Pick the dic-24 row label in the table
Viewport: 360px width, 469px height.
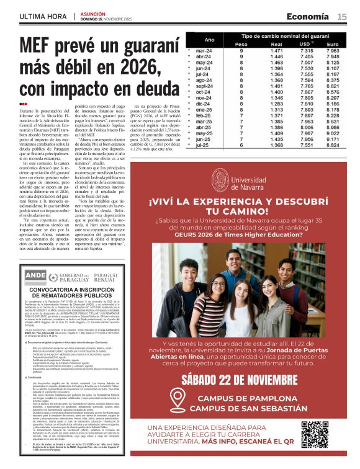coord(204,103)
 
